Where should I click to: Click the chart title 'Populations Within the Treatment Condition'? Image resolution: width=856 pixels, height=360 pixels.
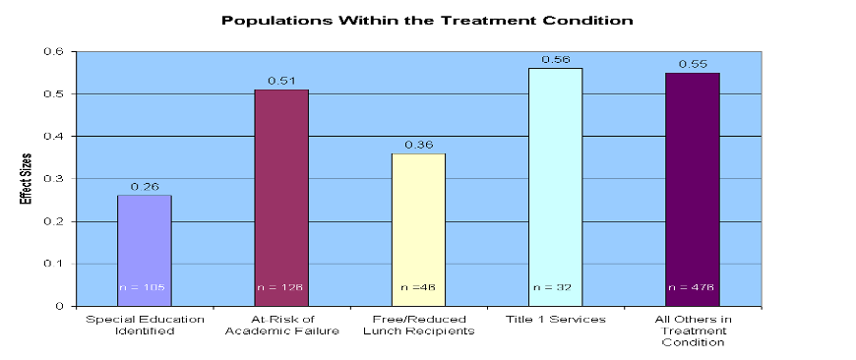(427, 20)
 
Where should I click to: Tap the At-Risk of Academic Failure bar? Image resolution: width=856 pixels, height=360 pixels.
(281, 197)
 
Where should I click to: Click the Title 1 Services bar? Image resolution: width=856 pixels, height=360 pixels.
(555, 187)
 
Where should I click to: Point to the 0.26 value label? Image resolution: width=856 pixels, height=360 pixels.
(145, 185)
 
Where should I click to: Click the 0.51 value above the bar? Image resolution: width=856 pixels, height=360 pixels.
(281, 80)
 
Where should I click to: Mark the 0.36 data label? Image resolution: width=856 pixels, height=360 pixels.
(418, 144)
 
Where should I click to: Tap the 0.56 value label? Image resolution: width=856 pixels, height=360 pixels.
(555, 58)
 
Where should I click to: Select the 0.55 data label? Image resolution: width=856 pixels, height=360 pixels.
(692, 63)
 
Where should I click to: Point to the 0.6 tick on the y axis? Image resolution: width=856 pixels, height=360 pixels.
(58, 51)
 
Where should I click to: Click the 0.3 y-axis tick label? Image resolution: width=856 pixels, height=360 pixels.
(58, 179)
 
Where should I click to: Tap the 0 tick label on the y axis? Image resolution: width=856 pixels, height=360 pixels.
(62, 306)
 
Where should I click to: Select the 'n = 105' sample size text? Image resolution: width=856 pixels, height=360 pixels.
(144, 288)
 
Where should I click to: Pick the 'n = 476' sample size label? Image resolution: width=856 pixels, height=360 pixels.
(692, 288)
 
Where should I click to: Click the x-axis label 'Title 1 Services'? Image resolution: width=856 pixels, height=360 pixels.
(555, 320)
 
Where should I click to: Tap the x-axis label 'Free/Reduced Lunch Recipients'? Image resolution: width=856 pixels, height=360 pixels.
(418, 326)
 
